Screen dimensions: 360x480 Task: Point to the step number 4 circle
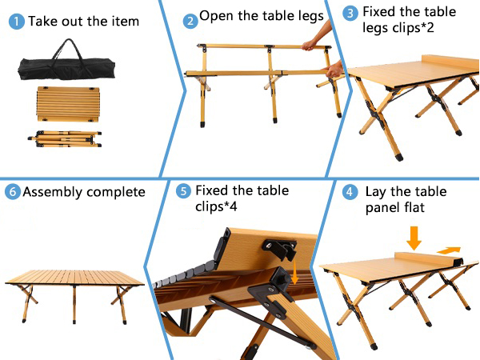(x=350, y=192)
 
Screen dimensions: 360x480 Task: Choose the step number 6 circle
(x=12, y=192)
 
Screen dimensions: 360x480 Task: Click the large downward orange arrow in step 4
(x=414, y=236)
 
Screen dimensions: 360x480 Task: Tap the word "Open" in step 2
(x=215, y=15)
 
